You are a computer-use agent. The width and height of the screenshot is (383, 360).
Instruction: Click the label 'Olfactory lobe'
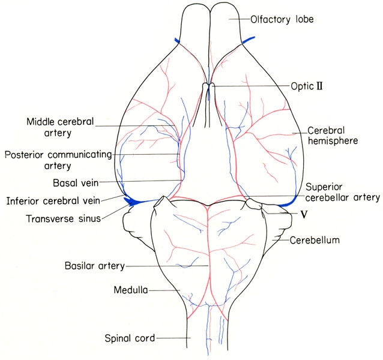click(x=282, y=19)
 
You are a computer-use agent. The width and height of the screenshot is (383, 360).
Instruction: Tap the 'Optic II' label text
click(x=307, y=86)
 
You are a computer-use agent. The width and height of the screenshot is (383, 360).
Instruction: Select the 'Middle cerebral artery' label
click(x=60, y=127)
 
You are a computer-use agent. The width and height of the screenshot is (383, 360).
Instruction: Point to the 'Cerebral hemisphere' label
click(x=333, y=136)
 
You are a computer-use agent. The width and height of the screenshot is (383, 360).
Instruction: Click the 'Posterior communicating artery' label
click(x=58, y=160)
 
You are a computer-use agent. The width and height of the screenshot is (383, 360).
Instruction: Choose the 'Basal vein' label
click(x=76, y=182)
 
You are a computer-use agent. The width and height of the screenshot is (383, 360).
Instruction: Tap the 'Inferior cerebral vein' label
click(x=53, y=201)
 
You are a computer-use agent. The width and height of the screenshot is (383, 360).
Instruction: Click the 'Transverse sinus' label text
click(x=64, y=218)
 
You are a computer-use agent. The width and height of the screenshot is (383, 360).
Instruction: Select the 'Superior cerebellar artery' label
click(x=342, y=193)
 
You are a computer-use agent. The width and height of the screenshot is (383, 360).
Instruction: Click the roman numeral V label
click(x=304, y=215)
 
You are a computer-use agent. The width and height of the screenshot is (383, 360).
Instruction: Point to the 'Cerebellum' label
click(x=315, y=240)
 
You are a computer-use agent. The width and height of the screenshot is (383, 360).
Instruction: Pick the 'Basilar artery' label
click(x=95, y=266)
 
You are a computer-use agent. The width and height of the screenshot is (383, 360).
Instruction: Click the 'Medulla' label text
click(x=131, y=290)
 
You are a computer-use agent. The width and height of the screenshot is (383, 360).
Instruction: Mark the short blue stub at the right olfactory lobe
click(x=249, y=40)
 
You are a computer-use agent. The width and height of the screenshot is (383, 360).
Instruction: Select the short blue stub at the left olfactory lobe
click(x=177, y=41)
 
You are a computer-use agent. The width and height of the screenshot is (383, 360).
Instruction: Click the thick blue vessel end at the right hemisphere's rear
click(x=288, y=203)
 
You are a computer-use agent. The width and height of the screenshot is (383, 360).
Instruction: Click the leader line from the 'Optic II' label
click(x=250, y=86)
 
